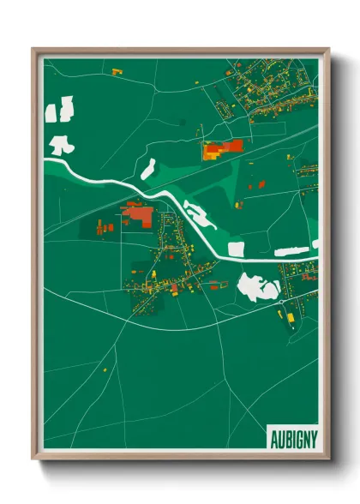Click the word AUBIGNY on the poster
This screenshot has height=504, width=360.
pyautogui.click(x=292, y=437)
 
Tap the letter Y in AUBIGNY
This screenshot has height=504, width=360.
pyautogui.click(x=312, y=437)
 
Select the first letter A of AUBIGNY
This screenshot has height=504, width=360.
pyautogui.click(x=273, y=437)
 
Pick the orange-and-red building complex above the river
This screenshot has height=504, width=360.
pyautogui.click(x=222, y=149)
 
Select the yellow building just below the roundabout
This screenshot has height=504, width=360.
pyautogui.click(x=289, y=318)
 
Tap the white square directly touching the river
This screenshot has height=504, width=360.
pyautogui.click(x=236, y=249)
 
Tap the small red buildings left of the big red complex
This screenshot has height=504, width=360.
pyautogui.click(x=105, y=228)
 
